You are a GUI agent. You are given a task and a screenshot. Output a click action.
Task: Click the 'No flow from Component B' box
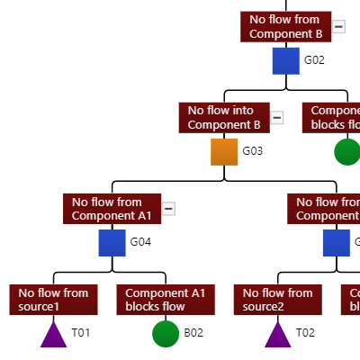click(285, 27)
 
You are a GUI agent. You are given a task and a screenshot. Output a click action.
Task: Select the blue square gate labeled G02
click(286, 61)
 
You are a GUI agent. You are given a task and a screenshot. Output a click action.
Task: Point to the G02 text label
click(314, 61)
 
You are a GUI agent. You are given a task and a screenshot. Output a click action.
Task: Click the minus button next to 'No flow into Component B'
click(277, 118)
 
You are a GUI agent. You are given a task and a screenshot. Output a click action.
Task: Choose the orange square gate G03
click(224, 151)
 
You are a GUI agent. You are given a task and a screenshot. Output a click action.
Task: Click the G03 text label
click(252, 151)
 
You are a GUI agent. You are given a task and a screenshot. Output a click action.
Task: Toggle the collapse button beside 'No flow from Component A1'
click(168, 209)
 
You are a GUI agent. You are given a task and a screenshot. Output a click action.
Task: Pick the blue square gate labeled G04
click(112, 242)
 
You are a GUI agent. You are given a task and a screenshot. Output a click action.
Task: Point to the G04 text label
click(141, 242)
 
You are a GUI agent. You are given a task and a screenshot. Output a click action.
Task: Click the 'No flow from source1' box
click(53, 300)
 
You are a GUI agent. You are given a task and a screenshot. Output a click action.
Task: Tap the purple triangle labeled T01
click(54, 335)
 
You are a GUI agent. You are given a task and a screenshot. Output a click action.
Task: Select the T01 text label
click(81, 333)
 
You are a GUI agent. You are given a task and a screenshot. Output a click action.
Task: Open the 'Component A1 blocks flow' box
click(165, 300)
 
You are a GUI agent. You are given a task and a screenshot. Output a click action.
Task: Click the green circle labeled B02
click(166, 333)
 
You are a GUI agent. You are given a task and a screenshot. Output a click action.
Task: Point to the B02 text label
click(193, 333)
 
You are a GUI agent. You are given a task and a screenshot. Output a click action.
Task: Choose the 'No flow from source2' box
click(277, 300)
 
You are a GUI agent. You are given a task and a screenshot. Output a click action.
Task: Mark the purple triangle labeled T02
click(277, 335)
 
